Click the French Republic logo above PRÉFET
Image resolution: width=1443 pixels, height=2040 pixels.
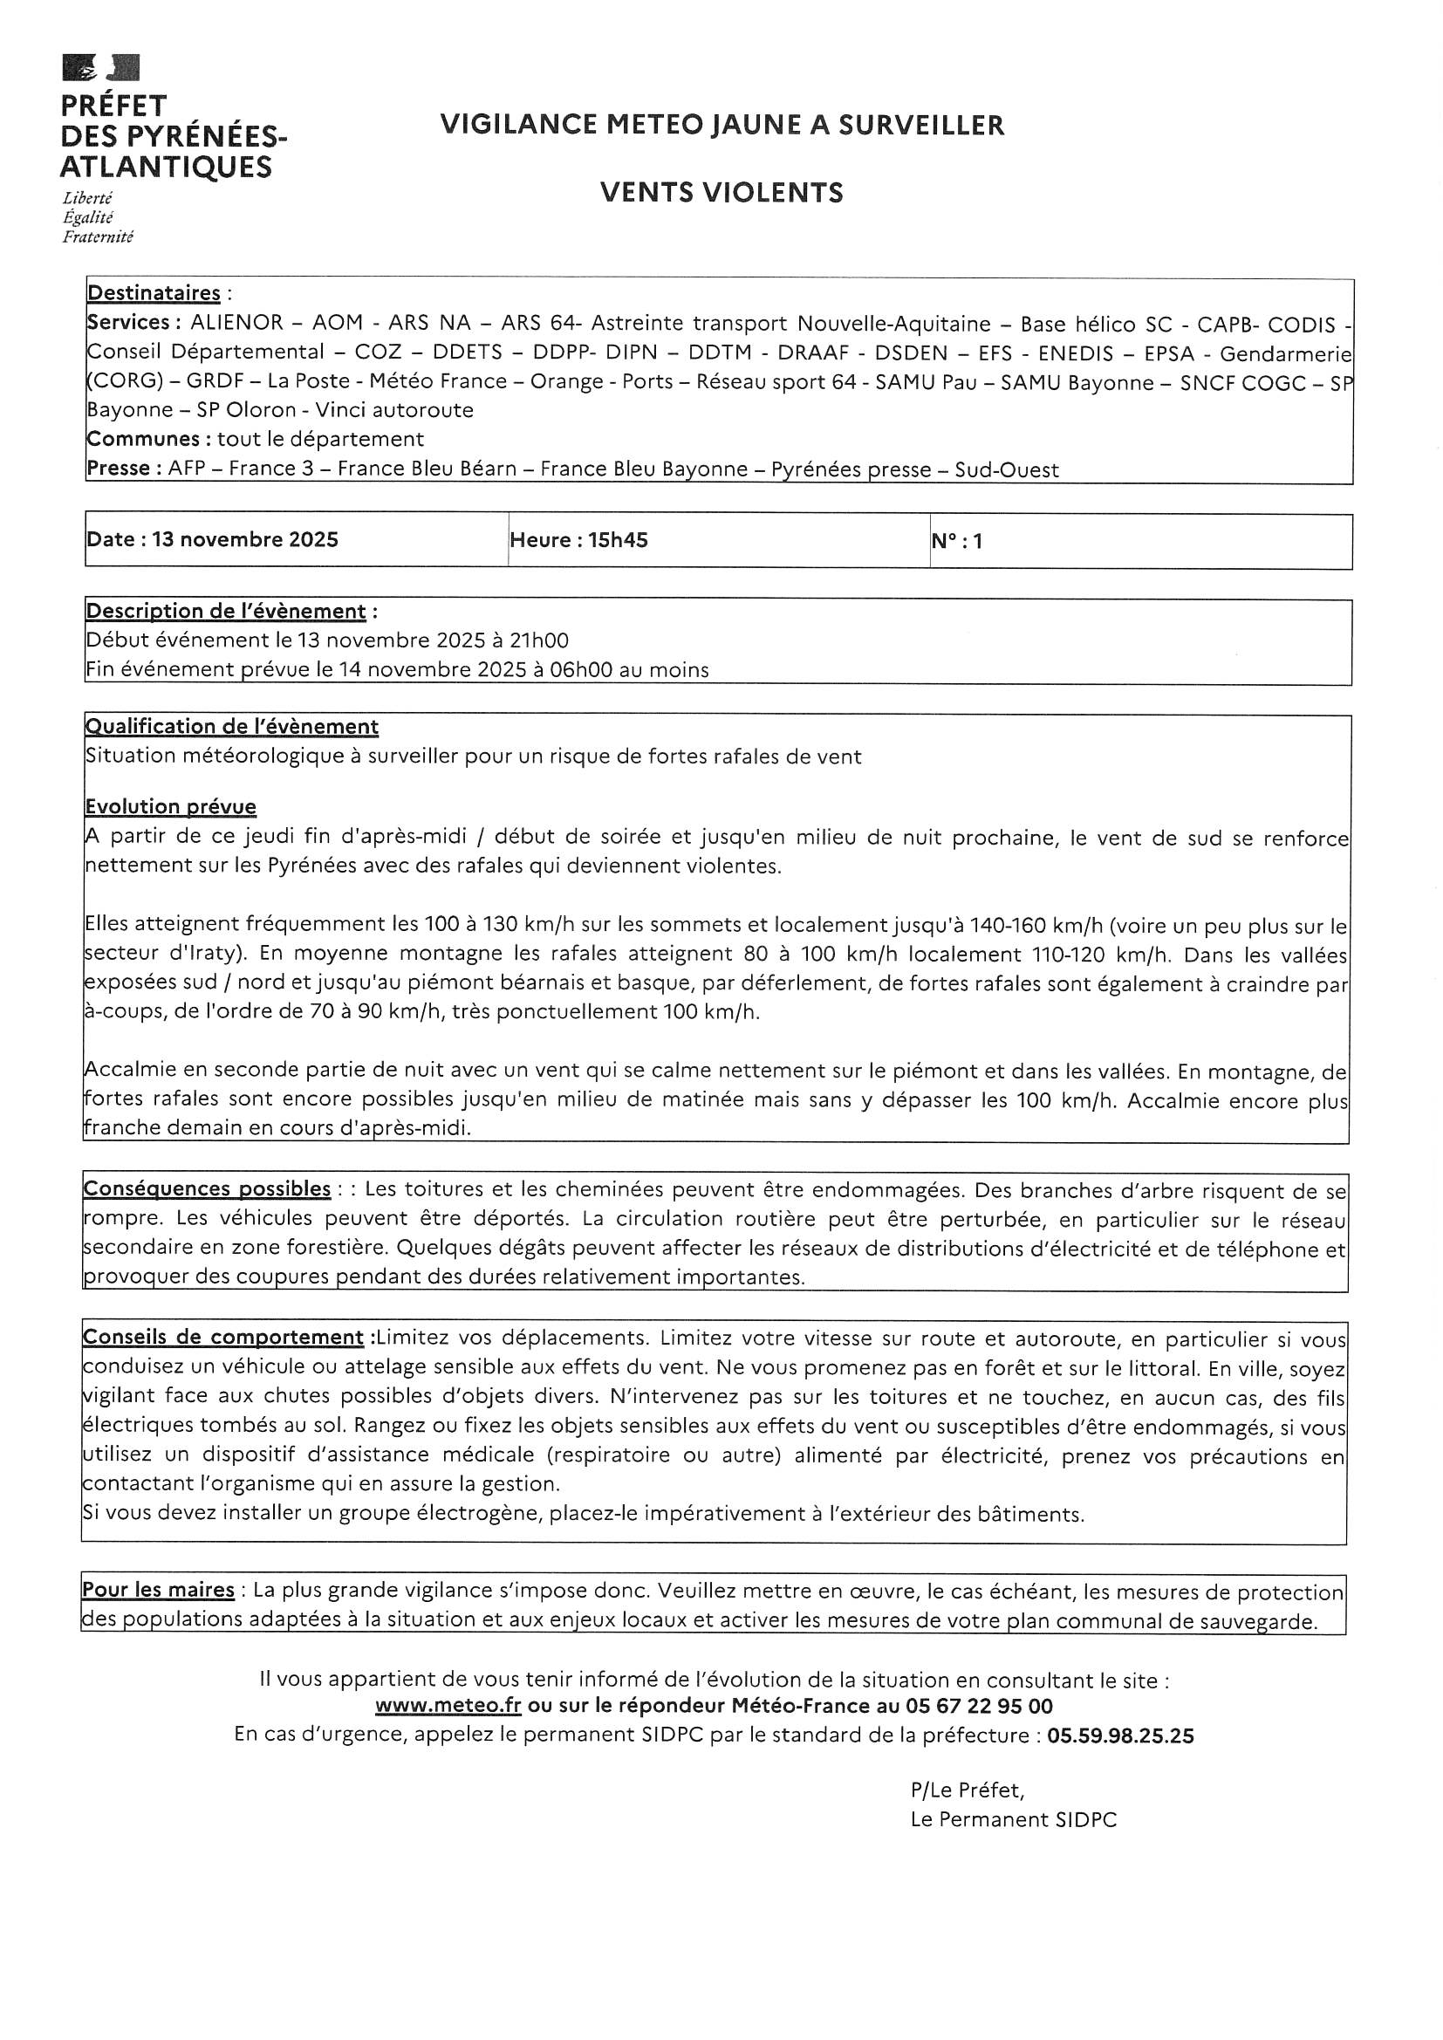click(100, 68)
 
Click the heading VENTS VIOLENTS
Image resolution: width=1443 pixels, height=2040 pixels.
click(721, 193)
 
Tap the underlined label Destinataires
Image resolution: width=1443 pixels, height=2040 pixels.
click(154, 293)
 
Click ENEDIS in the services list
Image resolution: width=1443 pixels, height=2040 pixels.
click(1074, 353)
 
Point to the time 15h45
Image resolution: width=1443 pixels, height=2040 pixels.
click(618, 540)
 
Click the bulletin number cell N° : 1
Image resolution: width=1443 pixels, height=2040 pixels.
click(957, 541)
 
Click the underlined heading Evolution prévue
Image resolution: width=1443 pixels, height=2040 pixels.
click(171, 807)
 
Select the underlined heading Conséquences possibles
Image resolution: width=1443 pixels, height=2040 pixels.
click(207, 1188)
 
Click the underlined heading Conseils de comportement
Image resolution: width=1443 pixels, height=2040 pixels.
click(223, 1338)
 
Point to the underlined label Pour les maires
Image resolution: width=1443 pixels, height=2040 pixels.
click(158, 1590)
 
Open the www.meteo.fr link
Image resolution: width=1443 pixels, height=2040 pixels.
click(448, 1706)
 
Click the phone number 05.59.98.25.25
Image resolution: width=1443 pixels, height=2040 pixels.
click(1120, 1735)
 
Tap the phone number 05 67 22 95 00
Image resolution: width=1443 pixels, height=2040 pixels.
click(979, 1706)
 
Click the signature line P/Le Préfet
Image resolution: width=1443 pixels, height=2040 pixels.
click(967, 1790)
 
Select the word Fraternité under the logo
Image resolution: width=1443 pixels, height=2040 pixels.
click(98, 237)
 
